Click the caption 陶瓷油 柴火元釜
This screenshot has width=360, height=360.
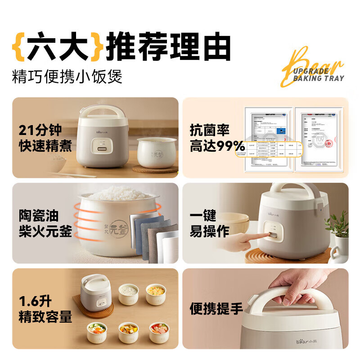pos(45,224)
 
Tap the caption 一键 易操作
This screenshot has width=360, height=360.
pos(209,224)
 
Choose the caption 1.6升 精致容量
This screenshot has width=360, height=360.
pos(45,309)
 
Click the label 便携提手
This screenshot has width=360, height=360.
pos(216,309)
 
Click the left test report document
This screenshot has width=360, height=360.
pos(268,137)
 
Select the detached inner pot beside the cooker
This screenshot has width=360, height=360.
pos(156,153)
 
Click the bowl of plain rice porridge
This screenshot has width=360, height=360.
pos(127,292)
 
